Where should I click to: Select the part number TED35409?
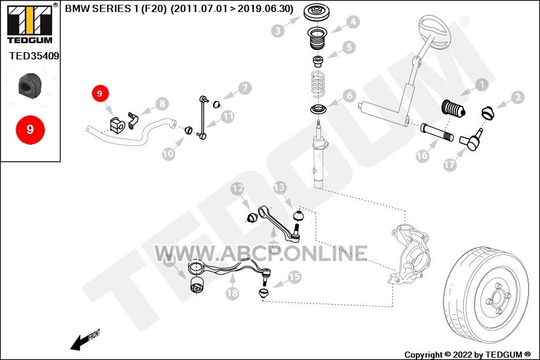(x=34, y=56)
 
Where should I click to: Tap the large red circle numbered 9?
(x=31, y=130)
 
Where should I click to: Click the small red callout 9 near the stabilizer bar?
(x=100, y=94)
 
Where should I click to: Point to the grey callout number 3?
(x=278, y=31)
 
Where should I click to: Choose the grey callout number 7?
(x=245, y=88)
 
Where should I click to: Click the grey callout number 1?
(x=482, y=85)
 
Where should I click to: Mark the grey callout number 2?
(x=518, y=97)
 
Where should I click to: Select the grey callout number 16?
(x=422, y=156)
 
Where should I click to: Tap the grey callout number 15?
(x=295, y=277)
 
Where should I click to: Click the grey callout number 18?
(x=232, y=293)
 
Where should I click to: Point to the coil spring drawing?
(x=318, y=84)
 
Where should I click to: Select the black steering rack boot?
(x=453, y=109)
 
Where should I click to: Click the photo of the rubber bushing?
(x=29, y=85)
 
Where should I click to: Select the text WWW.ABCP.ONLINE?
(x=261, y=253)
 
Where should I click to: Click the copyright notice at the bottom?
(x=467, y=354)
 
